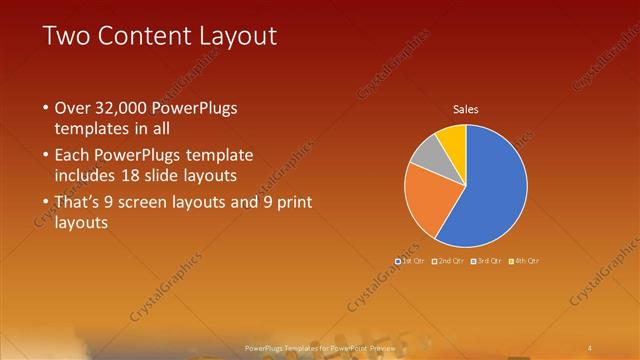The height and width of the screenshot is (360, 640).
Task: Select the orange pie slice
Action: (x=428, y=198)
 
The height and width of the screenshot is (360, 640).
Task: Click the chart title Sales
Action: (x=466, y=109)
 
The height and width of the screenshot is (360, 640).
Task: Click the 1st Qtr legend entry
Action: (x=411, y=261)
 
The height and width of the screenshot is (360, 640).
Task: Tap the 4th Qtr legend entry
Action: (x=523, y=261)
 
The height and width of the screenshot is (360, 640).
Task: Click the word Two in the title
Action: (x=66, y=37)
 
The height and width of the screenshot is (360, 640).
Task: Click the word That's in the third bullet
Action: (x=82, y=203)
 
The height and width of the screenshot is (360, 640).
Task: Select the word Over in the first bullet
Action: (x=73, y=108)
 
